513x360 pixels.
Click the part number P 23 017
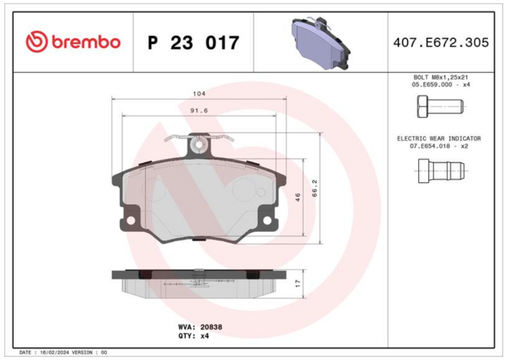click(x=194, y=42)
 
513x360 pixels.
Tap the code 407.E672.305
click(x=441, y=42)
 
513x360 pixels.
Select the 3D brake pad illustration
click(x=320, y=43)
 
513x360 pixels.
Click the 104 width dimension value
click(x=199, y=94)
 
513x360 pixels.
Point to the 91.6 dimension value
click(x=199, y=110)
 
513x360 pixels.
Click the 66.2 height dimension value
click(x=315, y=188)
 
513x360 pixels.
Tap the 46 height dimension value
click(x=298, y=198)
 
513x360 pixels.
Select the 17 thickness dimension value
click(x=298, y=284)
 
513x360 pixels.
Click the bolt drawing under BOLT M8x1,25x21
click(x=441, y=107)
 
